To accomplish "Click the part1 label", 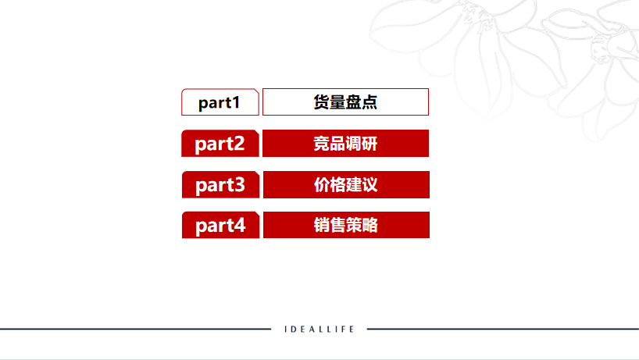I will (x=220, y=102).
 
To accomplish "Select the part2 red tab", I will (x=220, y=144).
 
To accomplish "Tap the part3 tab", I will (x=220, y=185).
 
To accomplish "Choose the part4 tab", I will (x=220, y=226).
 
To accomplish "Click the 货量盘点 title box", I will (x=345, y=102).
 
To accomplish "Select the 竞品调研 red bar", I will (x=345, y=144).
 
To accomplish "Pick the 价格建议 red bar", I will (x=345, y=185).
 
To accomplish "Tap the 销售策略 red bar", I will (x=345, y=226).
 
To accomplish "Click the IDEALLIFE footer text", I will (x=319, y=330).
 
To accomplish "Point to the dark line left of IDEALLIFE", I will (x=133, y=330).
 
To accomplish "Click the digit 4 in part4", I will (x=239, y=226).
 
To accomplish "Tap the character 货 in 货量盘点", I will (x=321, y=102).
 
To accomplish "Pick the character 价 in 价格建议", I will (x=321, y=185).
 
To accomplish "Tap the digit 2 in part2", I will (x=238, y=144).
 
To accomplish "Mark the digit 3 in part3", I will (x=238, y=186).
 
